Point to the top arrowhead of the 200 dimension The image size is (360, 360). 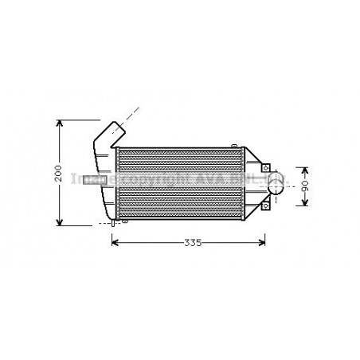(60, 123)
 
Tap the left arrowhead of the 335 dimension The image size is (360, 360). (115, 242)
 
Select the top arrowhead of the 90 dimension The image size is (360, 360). (303, 170)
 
